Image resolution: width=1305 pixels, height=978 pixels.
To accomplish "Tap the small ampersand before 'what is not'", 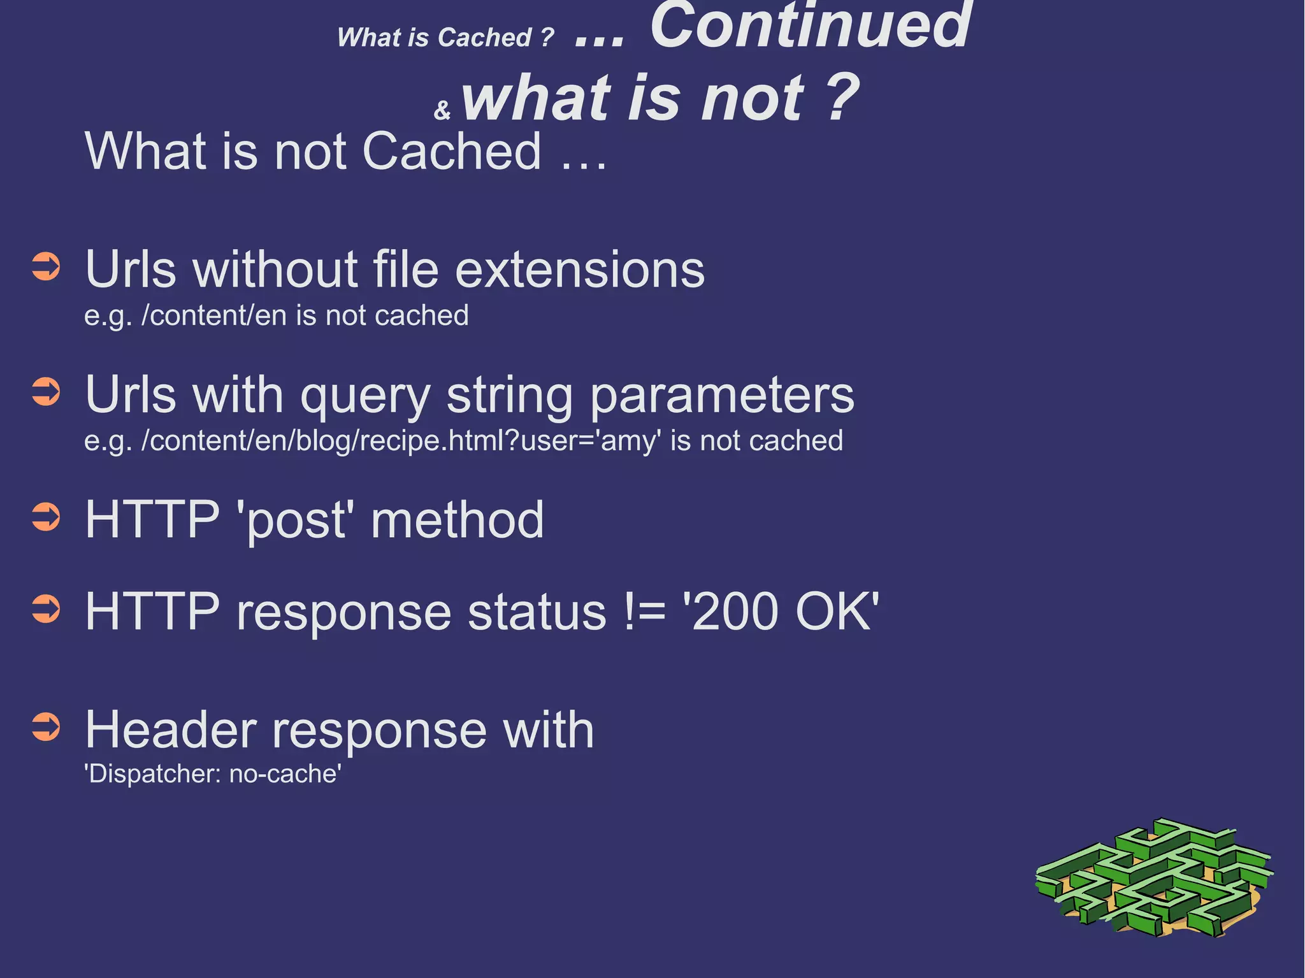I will coord(442,110).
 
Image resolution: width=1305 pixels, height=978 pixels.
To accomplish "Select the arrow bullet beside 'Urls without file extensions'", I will coord(46,267).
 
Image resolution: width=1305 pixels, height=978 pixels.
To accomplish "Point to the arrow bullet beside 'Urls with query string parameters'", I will coord(46,392).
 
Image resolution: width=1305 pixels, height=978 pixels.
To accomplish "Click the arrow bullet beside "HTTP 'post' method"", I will coord(46,517).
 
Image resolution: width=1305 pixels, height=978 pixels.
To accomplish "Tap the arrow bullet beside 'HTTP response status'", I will coord(46,609).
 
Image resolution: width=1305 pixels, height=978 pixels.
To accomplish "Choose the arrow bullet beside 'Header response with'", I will coord(46,727).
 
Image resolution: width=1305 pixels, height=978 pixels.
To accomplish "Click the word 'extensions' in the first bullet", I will coord(579,270).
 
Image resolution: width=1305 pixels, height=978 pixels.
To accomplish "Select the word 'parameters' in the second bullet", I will coord(721,396).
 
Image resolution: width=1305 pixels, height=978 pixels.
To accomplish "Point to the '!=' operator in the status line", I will coord(645,612).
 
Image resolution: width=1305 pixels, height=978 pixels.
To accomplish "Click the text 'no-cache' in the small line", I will coord(284,773).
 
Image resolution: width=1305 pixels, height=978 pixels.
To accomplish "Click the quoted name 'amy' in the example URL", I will coord(628,441).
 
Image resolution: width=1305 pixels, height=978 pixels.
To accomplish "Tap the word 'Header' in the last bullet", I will coord(171,730).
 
